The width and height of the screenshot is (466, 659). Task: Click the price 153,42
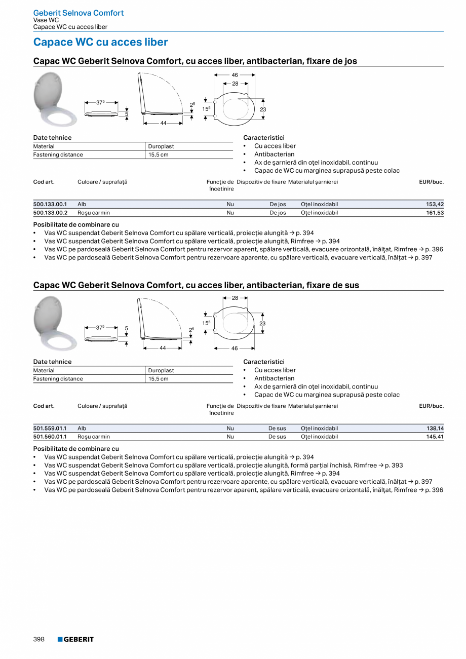(x=435, y=204)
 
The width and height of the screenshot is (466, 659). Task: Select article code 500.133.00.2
(x=50, y=213)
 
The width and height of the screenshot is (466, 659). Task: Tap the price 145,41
(x=435, y=437)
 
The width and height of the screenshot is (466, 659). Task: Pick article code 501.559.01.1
(x=50, y=429)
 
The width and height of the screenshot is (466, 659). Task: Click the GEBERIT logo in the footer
(x=75, y=639)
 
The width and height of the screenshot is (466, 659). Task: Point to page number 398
(x=39, y=639)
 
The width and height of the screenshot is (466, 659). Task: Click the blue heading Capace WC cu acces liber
(x=100, y=42)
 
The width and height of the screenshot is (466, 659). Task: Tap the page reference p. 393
(x=394, y=465)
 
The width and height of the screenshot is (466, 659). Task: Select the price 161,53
(x=435, y=213)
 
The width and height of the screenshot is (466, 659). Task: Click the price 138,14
(x=435, y=429)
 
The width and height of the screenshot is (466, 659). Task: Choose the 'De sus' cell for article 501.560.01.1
(x=277, y=437)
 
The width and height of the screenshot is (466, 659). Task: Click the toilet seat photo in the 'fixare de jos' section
(x=54, y=99)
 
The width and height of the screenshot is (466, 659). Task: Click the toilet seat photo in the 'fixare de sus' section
(x=54, y=324)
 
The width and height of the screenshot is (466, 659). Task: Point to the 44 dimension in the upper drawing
(x=163, y=123)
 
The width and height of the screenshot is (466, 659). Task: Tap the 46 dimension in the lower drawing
(x=235, y=348)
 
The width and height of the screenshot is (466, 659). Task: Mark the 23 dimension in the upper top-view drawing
(x=263, y=109)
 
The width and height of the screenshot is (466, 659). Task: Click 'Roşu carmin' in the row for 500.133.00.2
(x=94, y=213)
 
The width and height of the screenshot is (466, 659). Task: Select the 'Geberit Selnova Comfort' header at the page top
(x=79, y=13)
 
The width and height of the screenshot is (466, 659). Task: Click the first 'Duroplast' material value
(x=161, y=146)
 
